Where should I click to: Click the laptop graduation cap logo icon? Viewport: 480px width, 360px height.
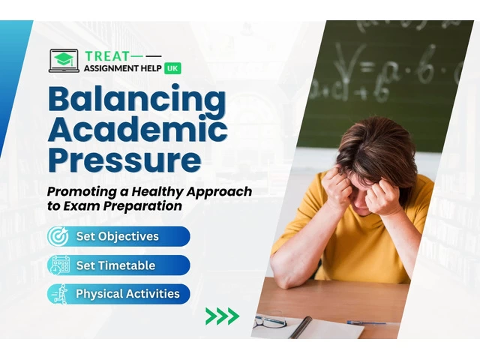64,61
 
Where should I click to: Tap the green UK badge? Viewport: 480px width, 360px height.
172,68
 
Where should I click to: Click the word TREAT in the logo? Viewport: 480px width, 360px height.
107,56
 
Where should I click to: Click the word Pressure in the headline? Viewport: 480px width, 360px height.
124,159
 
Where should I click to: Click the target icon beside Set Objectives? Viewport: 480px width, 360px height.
58,236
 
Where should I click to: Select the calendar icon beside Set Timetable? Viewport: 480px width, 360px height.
59,265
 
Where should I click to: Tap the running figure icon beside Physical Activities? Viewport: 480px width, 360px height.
60,294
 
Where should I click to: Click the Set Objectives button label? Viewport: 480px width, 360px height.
118,236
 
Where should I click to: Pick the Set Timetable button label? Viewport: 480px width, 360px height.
115,265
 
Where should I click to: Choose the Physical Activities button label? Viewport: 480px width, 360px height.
127,294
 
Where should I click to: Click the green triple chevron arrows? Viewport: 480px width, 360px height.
223,316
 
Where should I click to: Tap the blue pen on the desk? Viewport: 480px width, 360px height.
367,322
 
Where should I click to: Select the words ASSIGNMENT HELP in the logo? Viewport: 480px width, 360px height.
123,68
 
